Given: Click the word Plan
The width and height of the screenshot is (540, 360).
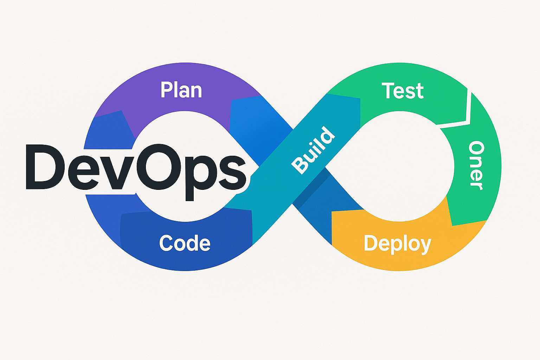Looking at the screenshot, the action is tap(181, 90).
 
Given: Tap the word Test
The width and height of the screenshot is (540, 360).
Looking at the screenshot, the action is tap(403, 91).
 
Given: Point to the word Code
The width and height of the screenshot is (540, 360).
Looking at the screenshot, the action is tap(185, 243).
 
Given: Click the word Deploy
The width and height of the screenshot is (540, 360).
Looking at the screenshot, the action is tap(398, 244).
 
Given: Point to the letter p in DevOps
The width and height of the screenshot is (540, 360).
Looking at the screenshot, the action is tap(198, 179).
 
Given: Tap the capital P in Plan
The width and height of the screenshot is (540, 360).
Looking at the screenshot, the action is tap(167, 90).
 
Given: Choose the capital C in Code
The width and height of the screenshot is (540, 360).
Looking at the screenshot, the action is tap(166, 243).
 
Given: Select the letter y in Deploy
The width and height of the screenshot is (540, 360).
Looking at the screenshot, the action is tap(425, 246).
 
